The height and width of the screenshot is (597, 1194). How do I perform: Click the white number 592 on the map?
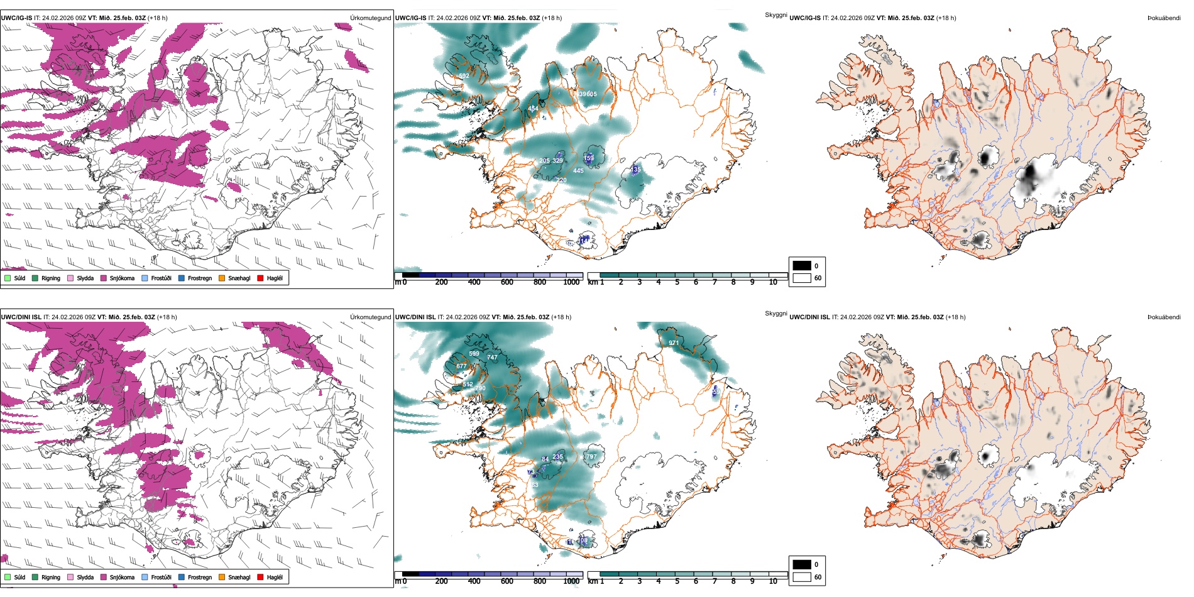[x=464, y=76]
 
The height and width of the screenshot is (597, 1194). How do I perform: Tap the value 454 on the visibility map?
[x=533, y=109]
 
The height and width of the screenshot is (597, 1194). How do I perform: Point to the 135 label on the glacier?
[x=635, y=170]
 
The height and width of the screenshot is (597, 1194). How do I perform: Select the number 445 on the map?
[x=578, y=170]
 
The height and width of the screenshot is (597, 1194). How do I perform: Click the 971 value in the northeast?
[x=674, y=343]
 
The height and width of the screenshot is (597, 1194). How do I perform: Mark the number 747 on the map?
[x=492, y=358]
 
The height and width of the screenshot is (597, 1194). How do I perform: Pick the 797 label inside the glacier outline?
[x=591, y=457]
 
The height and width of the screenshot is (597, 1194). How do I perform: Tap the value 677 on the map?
[x=461, y=366]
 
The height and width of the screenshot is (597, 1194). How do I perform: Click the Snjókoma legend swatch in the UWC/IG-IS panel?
[x=104, y=278]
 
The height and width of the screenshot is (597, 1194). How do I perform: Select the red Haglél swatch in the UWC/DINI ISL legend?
[x=261, y=577]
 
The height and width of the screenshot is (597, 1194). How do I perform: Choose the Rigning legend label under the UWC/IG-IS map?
[x=51, y=278]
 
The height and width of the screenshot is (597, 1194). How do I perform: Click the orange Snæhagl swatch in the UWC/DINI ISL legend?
[x=222, y=577]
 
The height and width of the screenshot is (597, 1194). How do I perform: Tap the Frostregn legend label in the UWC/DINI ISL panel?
[x=200, y=577]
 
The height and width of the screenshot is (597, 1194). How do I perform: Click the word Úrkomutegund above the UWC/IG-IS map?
[x=370, y=18]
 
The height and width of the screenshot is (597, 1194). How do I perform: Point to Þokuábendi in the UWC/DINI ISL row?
[x=1164, y=317]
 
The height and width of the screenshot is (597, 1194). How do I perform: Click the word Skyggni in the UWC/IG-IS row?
[x=775, y=15]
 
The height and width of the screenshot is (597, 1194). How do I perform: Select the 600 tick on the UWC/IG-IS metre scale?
[x=507, y=282]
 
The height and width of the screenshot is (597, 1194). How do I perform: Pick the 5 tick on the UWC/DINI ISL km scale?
[x=677, y=581]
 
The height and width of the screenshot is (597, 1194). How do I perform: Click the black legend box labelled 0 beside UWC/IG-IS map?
[x=802, y=266]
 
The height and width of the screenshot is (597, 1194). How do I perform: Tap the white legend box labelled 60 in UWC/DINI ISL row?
[x=802, y=577]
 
